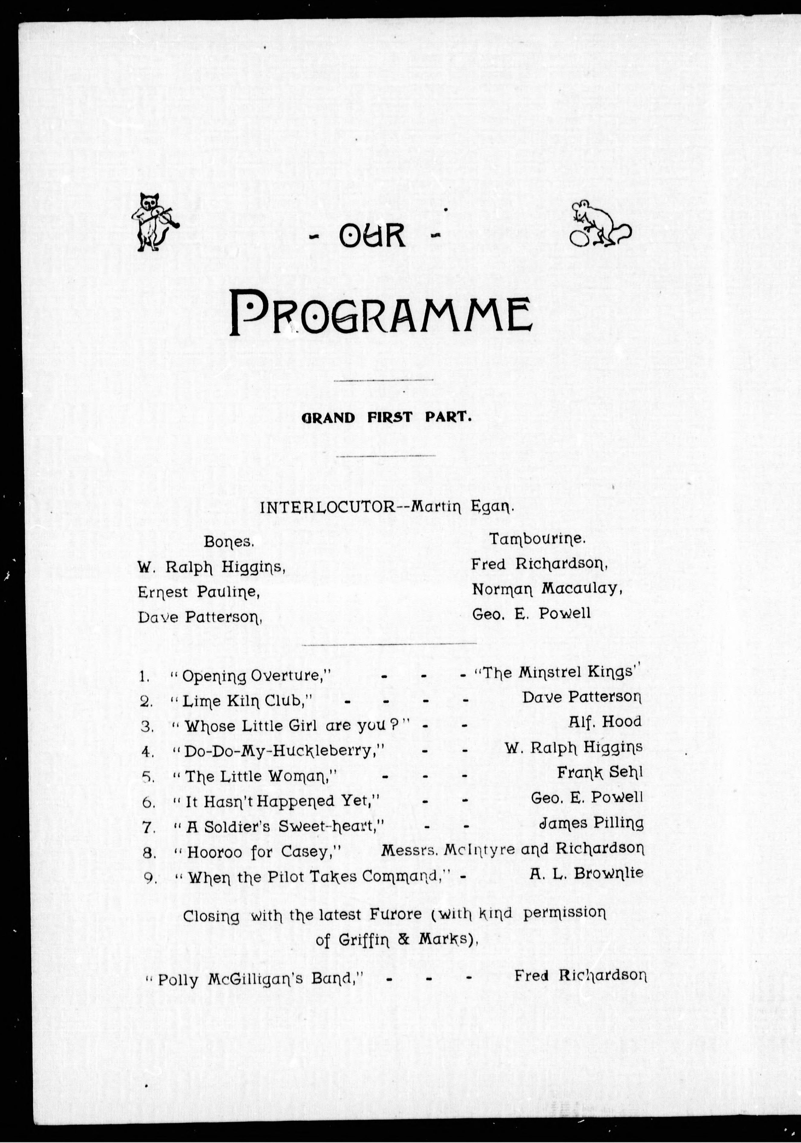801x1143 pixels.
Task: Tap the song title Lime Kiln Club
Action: pos(246,701)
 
